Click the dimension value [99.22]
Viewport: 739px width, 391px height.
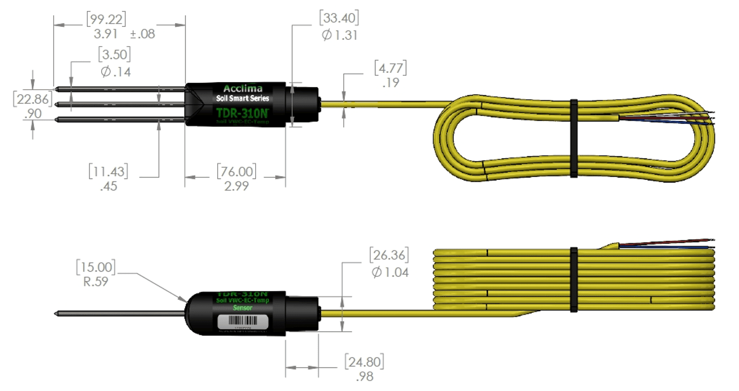[x=106, y=19]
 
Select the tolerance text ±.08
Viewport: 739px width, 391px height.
[x=142, y=34]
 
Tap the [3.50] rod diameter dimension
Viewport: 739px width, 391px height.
[x=114, y=54]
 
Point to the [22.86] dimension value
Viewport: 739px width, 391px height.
[x=33, y=99]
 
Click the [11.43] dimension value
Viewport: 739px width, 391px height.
[x=108, y=171]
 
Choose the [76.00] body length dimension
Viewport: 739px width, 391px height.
[x=236, y=171]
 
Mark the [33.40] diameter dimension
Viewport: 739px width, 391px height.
[x=339, y=18]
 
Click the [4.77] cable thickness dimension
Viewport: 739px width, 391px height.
[x=390, y=68]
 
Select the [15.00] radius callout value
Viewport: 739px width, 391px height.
[x=96, y=267]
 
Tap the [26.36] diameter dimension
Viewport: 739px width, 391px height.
[x=389, y=255]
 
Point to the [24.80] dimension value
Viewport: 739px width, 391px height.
[x=364, y=362]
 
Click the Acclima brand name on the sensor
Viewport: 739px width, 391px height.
[x=243, y=88]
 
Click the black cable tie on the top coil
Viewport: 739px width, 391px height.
[x=574, y=138]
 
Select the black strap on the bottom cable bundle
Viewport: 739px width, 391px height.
[x=574, y=280]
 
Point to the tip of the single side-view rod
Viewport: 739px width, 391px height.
[x=56, y=314]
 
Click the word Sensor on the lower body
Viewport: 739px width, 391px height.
[x=242, y=308]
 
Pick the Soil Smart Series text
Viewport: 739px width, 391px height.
[x=242, y=98]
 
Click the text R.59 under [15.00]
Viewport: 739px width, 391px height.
[x=95, y=282]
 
